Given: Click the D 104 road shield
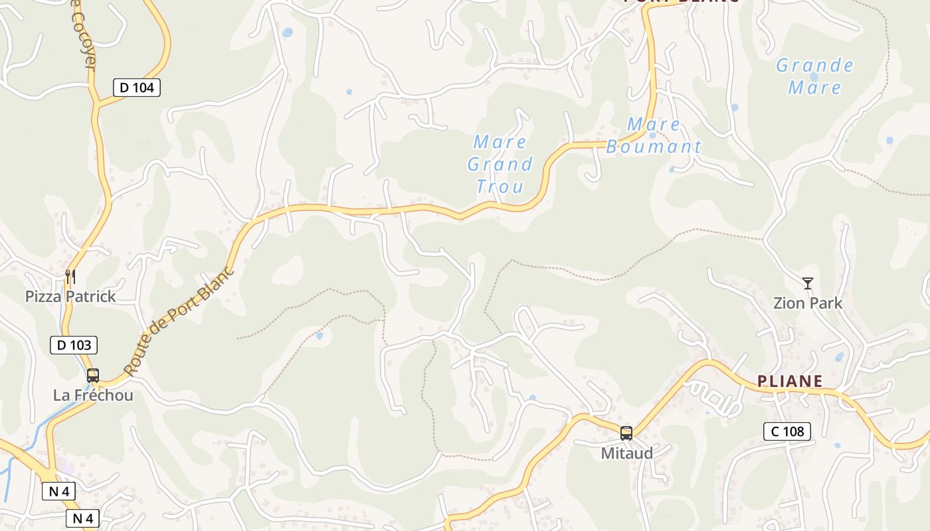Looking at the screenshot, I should pyautogui.click(x=137, y=87).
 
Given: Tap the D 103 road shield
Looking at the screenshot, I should pyautogui.click(x=74, y=345).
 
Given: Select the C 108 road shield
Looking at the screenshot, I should pyautogui.click(x=787, y=431).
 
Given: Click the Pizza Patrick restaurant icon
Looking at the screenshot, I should pyautogui.click(x=70, y=277).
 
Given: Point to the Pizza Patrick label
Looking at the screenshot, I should pyautogui.click(x=70, y=297).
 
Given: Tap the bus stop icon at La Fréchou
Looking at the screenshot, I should pyautogui.click(x=93, y=376).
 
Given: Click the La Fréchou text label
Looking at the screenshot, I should pyautogui.click(x=93, y=396).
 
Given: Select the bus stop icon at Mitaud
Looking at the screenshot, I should pyautogui.click(x=626, y=433).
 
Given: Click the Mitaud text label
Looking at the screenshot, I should pyautogui.click(x=626, y=453).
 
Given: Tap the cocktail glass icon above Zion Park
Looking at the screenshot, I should pyautogui.click(x=808, y=283).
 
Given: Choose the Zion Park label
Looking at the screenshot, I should pyautogui.click(x=808, y=303).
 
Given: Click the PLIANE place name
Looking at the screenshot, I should pyautogui.click(x=790, y=382).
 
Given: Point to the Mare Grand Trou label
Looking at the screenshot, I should pyautogui.click(x=500, y=164).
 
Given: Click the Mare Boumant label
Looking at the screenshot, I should pyautogui.click(x=654, y=135).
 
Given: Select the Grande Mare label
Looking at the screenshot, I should pyautogui.click(x=814, y=76).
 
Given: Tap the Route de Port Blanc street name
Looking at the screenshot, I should pyautogui.click(x=179, y=322).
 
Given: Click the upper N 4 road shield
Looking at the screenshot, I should pyautogui.click(x=58, y=491).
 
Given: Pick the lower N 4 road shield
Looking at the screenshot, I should pyautogui.click(x=82, y=518).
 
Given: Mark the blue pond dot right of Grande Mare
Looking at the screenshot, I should pyautogui.click(x=889, y=140).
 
